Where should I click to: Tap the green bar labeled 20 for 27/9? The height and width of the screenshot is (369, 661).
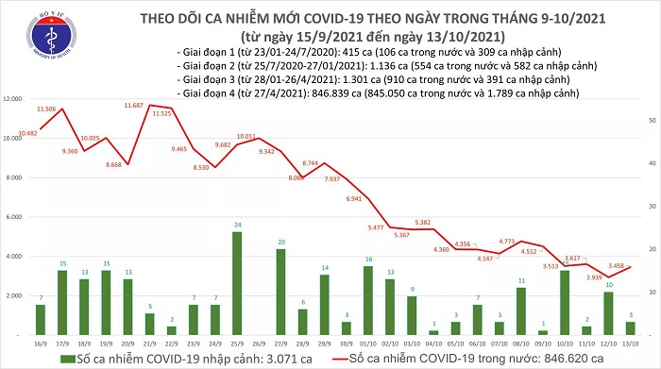click(281, 279)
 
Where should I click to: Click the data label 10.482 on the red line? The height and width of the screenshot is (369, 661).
click(27, 133)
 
